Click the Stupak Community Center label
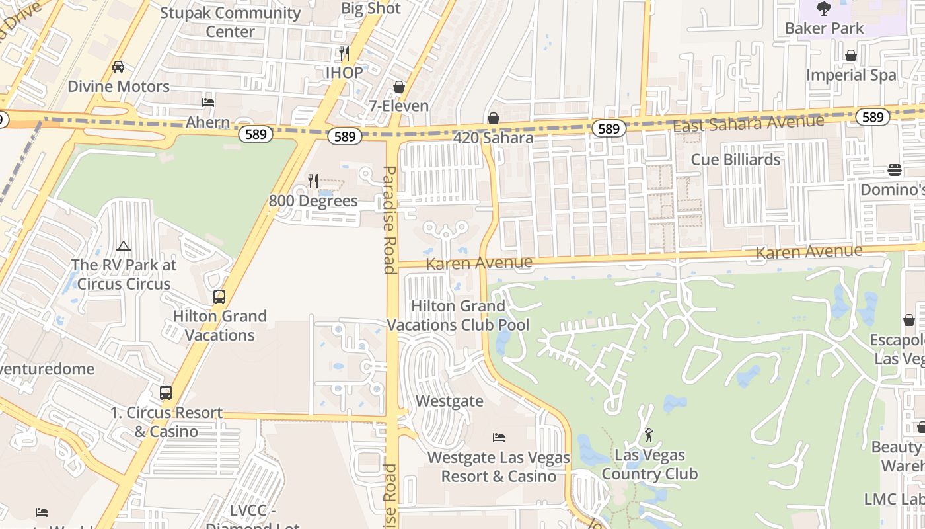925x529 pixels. coord(230,22)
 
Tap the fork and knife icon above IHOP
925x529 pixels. coord(344,54)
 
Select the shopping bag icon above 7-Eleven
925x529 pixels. coord(398,87)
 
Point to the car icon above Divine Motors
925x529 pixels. coord(118,67)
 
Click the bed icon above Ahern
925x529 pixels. coord(207,102)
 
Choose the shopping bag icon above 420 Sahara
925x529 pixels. coord(493,118)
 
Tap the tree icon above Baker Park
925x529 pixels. coord(823,9)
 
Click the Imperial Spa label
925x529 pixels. coord(851,75)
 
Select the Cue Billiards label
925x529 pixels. coord(735,159)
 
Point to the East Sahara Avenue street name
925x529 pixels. coord(749,123)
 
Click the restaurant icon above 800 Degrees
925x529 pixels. coord(313,181)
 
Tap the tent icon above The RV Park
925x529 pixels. coord(124,247)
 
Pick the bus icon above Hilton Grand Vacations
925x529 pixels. coord(219,297)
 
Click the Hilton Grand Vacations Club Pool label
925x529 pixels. coord(458,315)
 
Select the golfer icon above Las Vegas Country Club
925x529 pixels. coord(649,435)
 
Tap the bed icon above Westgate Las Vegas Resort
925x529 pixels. coord(499,438)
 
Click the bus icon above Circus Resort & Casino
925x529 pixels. coord(166,393)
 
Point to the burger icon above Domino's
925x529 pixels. coord(895,170)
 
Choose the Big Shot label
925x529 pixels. coord(371,8)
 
